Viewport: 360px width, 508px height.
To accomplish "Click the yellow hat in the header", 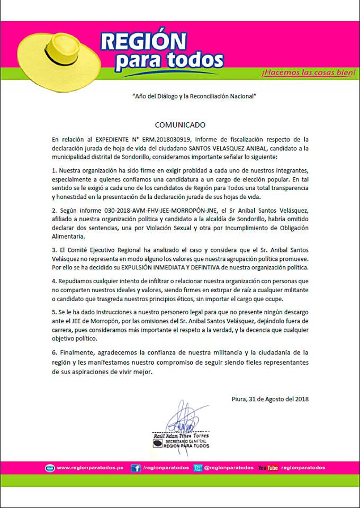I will coord(56,56).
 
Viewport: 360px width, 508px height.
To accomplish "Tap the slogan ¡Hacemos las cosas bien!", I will coord(308,72).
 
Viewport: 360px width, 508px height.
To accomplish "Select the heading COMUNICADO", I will coord(179,125).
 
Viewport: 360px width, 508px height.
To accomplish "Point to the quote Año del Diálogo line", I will coord(194,96).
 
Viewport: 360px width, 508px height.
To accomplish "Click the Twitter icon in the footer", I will coord(197,468).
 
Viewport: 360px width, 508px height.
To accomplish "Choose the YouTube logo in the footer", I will coord(268,468).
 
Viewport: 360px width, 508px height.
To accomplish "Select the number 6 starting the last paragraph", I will coord(55,352).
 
